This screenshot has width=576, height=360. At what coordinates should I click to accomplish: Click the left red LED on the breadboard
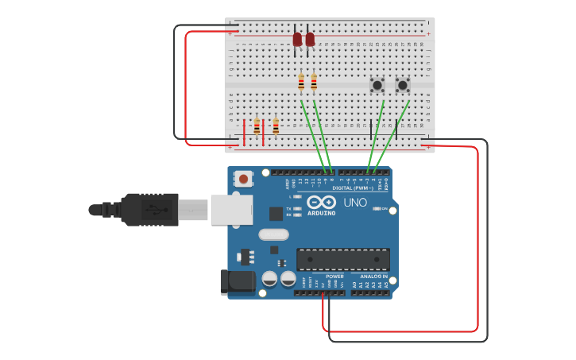[297, 39]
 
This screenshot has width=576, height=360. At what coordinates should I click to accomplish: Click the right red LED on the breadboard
[310, 39]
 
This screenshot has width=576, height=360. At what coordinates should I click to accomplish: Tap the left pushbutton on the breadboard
[377, 84]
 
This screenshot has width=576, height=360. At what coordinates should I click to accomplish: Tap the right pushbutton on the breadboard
[403, 84]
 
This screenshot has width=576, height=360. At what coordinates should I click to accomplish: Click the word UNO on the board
[355, 203]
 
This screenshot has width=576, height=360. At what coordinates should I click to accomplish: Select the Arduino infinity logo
[321, 203]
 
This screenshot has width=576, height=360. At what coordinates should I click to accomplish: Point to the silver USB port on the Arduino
[231, 210]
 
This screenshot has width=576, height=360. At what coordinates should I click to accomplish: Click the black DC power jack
[237, 281]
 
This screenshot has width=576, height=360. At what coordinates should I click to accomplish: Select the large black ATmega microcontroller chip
[343, 259]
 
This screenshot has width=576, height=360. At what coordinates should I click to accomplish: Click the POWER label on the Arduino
[334, 277]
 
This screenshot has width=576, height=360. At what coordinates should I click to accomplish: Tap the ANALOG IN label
[373, 277]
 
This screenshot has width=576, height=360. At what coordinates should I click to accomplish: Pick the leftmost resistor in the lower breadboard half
[257, 126]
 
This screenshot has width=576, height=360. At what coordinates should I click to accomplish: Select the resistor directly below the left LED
[301, 82]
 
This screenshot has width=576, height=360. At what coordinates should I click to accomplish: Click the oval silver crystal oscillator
[273, 234]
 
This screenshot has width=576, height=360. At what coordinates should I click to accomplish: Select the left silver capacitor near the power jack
[270, 279]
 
